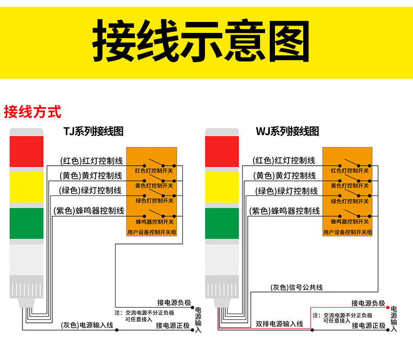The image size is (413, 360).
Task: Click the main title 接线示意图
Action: (201, 41)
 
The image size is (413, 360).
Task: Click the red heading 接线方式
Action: (32, 112)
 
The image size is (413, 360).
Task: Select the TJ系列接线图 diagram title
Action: (94, 131)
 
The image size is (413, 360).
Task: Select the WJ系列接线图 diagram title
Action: (288, 131)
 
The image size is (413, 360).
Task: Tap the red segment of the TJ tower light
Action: (27, 152)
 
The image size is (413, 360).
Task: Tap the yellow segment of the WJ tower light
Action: (222, 187)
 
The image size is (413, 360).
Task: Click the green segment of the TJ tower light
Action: (27, 224)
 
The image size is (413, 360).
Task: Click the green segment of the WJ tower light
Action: (222, 224)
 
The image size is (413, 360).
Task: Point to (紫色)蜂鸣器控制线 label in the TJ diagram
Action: (89, 211)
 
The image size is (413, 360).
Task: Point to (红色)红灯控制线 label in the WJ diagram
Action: (284, 160)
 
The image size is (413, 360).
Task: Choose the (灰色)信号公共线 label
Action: (296, 287)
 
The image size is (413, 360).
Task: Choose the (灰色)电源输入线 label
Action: (87, 326)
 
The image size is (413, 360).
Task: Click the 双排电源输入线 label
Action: (279, 324)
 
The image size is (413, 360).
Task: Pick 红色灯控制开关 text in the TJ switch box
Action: (154, 170)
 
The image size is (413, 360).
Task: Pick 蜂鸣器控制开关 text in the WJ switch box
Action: (350, 222)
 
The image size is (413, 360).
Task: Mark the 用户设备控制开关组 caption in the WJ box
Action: (348, 232)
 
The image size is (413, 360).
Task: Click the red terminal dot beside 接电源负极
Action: (388, 307)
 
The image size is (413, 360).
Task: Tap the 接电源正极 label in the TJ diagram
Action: (173, 326)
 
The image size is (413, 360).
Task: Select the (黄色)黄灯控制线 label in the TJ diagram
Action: (91, 176)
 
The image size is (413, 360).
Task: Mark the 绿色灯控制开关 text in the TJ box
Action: (154, 201)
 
